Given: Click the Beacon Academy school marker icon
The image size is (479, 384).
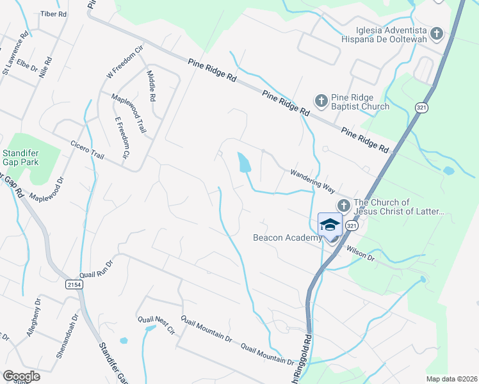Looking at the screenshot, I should coord(330,225).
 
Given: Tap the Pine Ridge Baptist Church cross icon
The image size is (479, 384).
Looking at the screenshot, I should coord(321,100).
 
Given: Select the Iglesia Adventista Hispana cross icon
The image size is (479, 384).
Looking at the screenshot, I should coord(437,33).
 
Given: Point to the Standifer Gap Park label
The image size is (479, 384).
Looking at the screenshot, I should coord(20,157).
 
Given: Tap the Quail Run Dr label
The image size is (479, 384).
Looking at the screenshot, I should coord(96,269).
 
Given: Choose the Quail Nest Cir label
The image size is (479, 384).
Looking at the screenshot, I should coord(156,324).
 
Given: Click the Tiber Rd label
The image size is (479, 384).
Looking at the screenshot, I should coord(53,13).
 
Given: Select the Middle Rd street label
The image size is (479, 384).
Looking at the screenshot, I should coord(152,86).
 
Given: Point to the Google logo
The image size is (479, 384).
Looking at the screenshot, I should coord(20,376).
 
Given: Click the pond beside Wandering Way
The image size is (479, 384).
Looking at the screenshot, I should coord(244,163).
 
